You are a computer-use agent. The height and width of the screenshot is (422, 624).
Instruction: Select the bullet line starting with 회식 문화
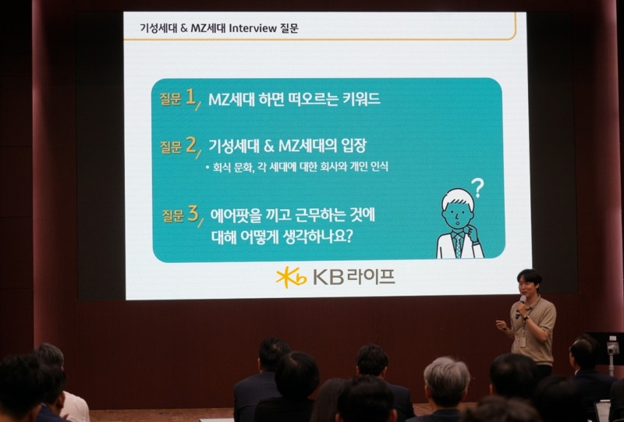(x=296, y=167)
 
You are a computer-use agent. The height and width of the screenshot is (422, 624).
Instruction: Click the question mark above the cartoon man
(x=477, y=187)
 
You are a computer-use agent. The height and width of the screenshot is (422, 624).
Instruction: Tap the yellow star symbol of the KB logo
(x=291, y=277)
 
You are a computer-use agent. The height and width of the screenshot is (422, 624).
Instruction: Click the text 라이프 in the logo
(x=371, y=277)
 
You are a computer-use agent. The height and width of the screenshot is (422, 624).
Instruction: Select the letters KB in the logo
(x=328, y=277)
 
